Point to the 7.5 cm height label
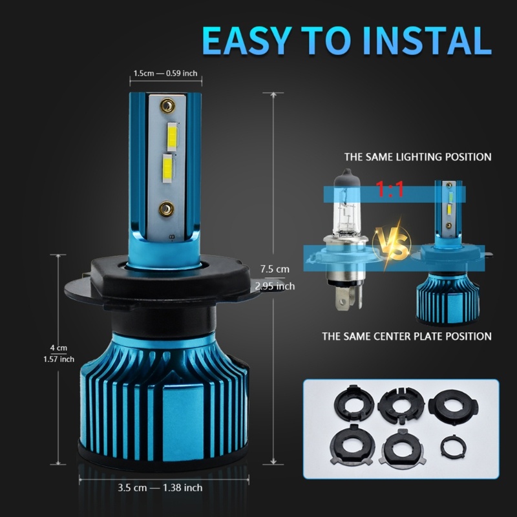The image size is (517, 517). coord(275,268)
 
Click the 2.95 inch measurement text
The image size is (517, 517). coord(275,286)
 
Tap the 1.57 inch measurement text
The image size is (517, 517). coord(58,359)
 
